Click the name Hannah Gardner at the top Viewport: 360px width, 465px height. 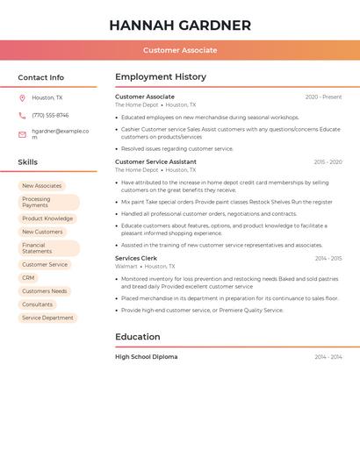coord(180,25)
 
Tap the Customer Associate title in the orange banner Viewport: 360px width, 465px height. coord(180,50)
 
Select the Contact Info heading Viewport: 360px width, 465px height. coord(41,77)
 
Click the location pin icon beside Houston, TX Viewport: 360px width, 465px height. coord(22,98)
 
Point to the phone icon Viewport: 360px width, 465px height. coord(22,115)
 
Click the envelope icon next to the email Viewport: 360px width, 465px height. coord(22,134)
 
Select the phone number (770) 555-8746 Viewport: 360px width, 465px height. coord(50,115)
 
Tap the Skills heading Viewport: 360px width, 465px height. coord(28,162)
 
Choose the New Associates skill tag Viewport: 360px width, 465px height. coord(42,186)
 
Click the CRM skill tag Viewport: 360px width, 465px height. coord(29,277)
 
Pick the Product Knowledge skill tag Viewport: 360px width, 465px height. coord(47,218)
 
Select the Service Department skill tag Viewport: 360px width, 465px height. coord(47,318)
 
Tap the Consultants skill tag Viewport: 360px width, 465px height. coord(37,304)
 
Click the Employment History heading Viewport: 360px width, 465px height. coord(161,77)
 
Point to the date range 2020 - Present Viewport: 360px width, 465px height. coord(323,97)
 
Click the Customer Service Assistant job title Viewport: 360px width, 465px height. coord(155,161)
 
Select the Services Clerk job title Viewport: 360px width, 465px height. coord(136,258)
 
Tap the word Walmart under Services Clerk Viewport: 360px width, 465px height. coord(126,266)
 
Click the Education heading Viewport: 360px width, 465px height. coord(138,337)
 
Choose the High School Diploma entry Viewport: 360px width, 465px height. coord(146,357)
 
